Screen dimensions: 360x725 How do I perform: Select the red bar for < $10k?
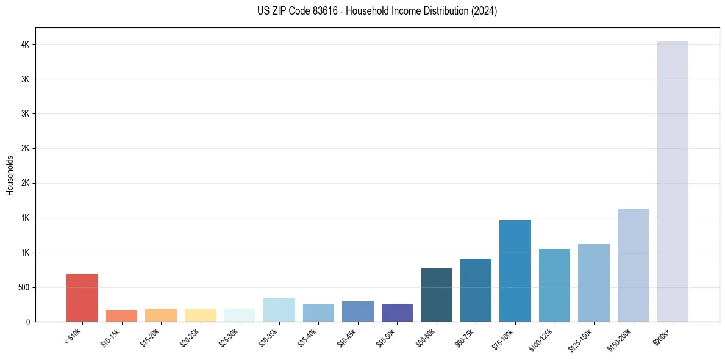[82, 298]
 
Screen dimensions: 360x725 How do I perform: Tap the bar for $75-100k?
[515, 271]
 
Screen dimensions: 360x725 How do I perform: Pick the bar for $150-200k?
[633, 265]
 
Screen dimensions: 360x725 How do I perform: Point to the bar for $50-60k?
[437, 295]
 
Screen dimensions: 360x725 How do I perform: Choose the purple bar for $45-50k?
[397, 312]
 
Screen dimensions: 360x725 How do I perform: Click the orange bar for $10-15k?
[121, 315]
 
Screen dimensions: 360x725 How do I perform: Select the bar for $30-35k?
[279, 309]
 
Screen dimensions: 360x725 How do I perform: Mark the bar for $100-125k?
[554, 285]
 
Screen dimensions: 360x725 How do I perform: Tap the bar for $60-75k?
[476, 290]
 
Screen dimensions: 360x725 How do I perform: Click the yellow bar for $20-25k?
[200, 315]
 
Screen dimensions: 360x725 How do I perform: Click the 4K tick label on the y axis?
[26, 45]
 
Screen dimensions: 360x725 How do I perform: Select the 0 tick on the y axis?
[29, 322]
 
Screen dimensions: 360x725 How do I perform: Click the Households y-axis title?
[10, 175]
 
